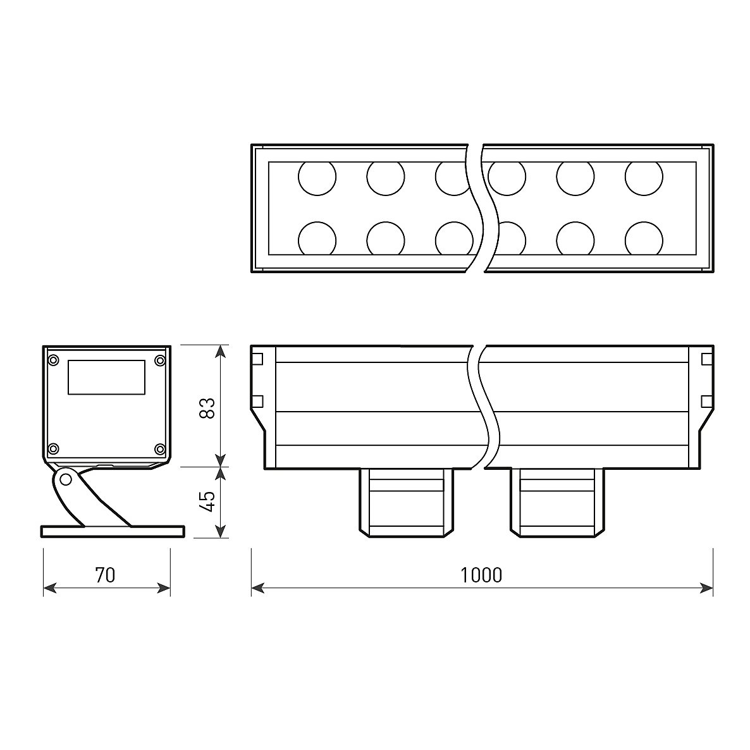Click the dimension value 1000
pyautogui.click(x=481, y=575)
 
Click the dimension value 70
pyautogui.click(x=105, y=575)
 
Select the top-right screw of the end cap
pyautogui.click(x=159, y=360)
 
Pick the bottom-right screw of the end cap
pyautogui.click(x=159, y=448)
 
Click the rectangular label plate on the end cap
pyautogui.click(x=106, y=378)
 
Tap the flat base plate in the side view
pyautogui.click(x=112, y=531)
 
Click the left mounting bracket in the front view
pyautogui.click(x=406, y=503)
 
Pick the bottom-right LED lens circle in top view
pyautogui.click(x=644, y=238)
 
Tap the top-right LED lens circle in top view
pyautogui.click(x=644, y=178)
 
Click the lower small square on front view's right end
pyautogui.click(x=707, y=402)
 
